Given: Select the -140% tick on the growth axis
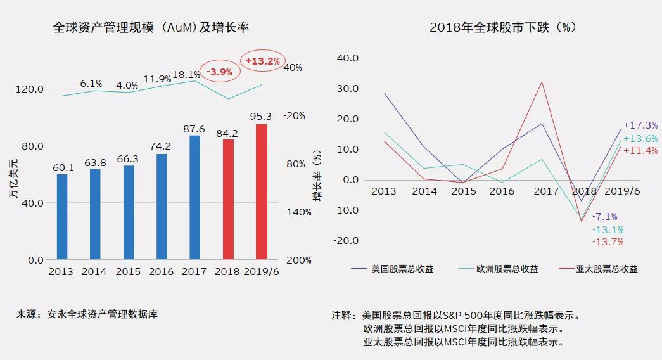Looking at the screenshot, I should pos(296,212).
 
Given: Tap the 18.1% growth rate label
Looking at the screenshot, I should pos(187,75).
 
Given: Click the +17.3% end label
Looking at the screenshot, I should pos(640,125).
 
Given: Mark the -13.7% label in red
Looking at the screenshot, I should pos(608,242).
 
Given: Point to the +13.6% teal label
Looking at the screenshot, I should pos(640,138).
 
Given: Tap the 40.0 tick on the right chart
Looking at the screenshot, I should pos(348,58).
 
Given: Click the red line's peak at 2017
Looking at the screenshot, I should pos(542,81).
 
